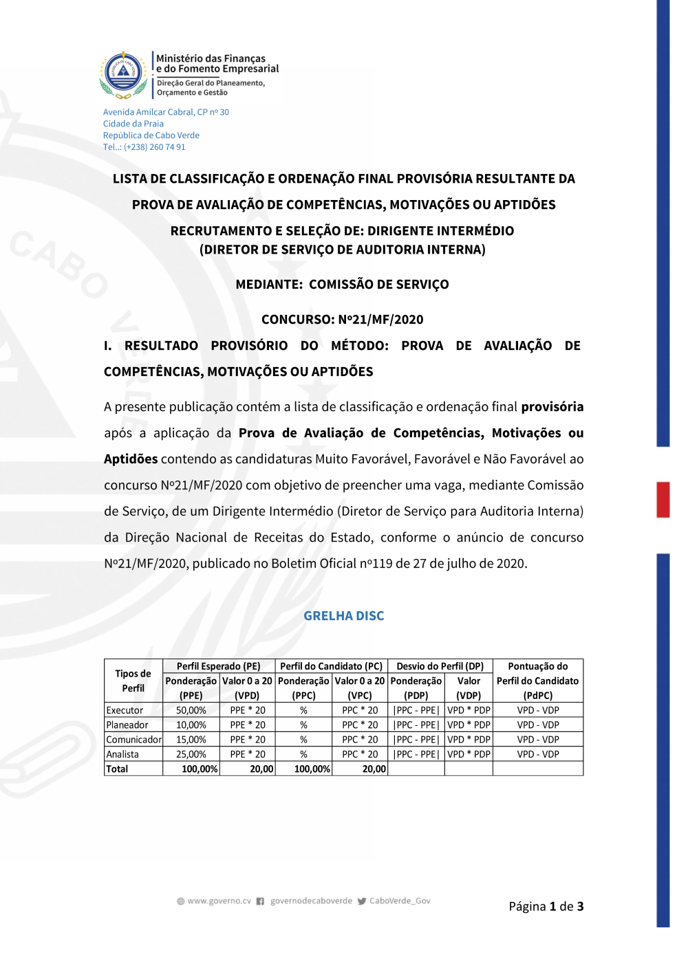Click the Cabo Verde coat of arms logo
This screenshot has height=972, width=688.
[x=123, y=73]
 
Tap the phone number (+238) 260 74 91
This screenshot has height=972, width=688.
[x=154, y=147]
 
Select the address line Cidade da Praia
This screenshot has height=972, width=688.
[x=133, y=124]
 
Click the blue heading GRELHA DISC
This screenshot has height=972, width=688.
[x=344, y=616]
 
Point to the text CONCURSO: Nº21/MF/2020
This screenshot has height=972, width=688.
[x=343, y=320]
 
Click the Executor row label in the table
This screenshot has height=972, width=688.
[x=125, y=710]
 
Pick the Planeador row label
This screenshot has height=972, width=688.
[x=127, y=725]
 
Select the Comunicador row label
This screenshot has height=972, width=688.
[x=134, y=740]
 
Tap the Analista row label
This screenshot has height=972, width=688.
[x=122, y=754]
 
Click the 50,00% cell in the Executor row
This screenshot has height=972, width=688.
[x=191, y=710]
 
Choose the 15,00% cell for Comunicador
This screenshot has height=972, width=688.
[x=191, y=740]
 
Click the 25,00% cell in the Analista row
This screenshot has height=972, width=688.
[x=191, y=754]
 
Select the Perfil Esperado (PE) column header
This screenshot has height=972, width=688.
[x=219, y=666]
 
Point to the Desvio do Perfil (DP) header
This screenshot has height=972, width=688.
[x=440, y=666]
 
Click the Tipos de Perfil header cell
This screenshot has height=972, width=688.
[x=133, y=681]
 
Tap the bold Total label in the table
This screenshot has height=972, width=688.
[x=117, y=769]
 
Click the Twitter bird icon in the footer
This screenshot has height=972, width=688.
[x=362, y=901]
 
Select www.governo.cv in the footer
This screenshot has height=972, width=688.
[x=219, y=901]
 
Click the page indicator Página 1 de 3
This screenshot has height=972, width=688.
[x=546, y=906]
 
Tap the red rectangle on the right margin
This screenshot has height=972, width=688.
[x=663, y=500]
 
